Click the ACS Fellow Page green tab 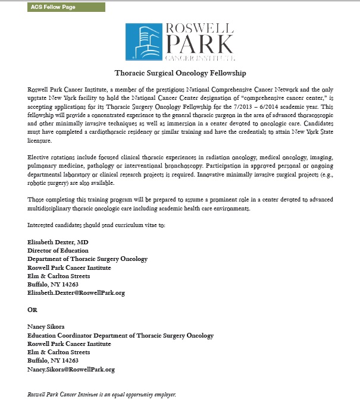(x=66, y=7)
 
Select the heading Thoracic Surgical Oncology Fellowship (x=180, y=74)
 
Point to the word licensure (x=40, y=141)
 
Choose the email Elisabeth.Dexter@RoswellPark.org (x=77, y=292)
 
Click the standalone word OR (x=33, y=310)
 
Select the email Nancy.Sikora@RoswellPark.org (x=71, y=369)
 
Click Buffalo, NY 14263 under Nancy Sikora (x=53, y=361)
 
